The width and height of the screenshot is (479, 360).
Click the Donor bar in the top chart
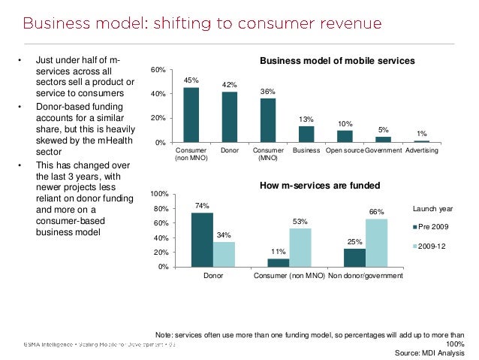pyautogui.click(x=230, y=117)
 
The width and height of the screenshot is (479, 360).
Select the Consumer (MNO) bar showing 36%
pyautogui.click(x=268, y=120)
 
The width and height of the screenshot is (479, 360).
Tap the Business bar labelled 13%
pyautogui.click(x=306, y=134)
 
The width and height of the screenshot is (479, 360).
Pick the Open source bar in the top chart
pyautogui.click(x=345, y=136)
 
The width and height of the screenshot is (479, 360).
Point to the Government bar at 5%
pyautogui.click(x=383, y=139)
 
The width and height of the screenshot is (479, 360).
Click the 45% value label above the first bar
pyautogui.click(x=191, y=80)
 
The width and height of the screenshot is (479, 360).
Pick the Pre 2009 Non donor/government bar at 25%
pyautogui.click(x=354, y=258)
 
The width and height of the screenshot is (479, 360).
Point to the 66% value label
pyautogui.click(x=376, y=212)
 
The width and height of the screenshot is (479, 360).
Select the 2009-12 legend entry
pyautogui.click(x=435, y=246)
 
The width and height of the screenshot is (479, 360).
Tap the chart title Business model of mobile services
pyautogui.click(x=337, y=60)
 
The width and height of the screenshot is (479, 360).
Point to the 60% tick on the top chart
pyautogui.click(x=158, y=70)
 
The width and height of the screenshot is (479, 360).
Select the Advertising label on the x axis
pyautogui.click(x=422, y=151)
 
